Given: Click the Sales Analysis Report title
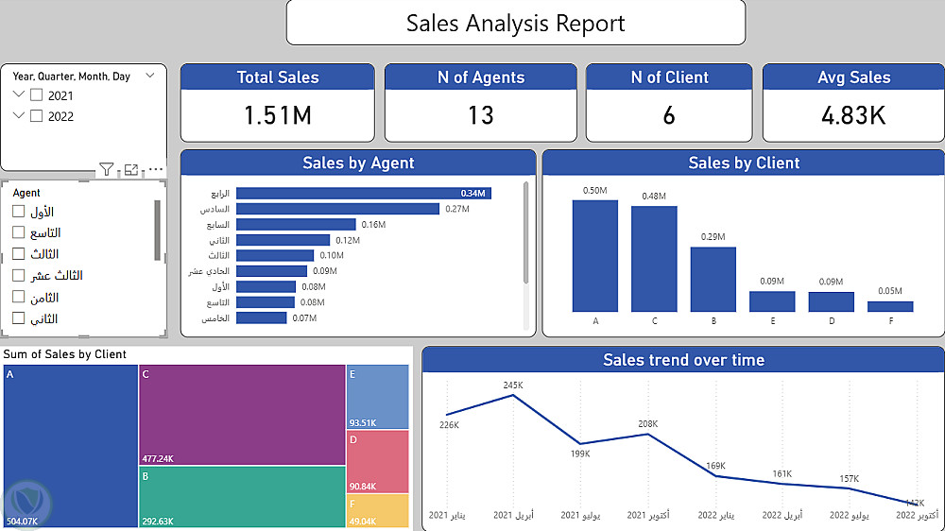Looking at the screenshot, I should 515,23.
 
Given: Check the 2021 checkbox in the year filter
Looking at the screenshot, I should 37,95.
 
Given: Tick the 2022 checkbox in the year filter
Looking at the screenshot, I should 37,116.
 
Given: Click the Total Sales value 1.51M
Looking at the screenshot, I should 277,115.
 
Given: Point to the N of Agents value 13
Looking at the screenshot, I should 480,115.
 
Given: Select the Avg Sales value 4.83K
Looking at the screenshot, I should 853,115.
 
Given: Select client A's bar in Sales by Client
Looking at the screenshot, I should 595,255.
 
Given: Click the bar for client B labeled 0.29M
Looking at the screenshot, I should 713,279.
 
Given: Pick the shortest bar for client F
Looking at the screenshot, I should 890,306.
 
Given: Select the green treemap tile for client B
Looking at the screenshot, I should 241,495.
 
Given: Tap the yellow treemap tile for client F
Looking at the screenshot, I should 378,510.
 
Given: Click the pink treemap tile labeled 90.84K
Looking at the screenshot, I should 377,460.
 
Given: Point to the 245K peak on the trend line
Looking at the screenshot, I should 513,395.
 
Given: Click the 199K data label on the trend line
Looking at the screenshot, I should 580,454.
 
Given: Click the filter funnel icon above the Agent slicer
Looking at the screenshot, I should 106,170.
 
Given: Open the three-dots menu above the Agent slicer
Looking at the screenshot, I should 156,170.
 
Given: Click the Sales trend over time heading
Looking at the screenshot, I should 683,360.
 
